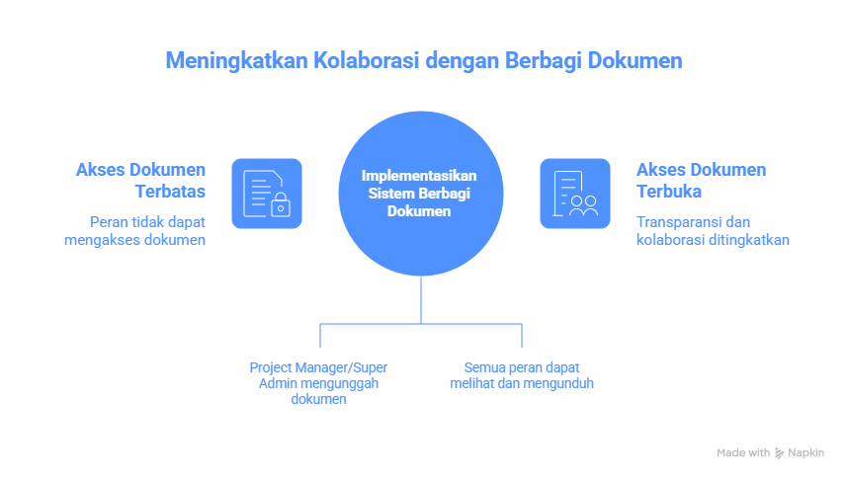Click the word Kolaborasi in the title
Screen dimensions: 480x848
pyautogui.click(x=368, y=61)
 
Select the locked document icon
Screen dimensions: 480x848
pyautogui.click(x=267, y=193)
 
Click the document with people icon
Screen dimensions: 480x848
pyautogui.click(x=575, y=193)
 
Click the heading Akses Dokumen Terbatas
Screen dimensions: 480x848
pyautogui.click(x=141, y=180)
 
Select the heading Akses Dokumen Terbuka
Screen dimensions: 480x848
pyautogui.click(x=701, y=180)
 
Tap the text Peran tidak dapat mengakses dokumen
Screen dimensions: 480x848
pyautogui.click(x=147, y=230)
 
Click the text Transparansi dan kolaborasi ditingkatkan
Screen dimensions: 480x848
pyautogui.click(x=712, y=230)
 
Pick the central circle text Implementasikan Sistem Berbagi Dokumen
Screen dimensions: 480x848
pyautogui.click(x=419, y=193)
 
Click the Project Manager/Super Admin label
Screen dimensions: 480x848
pyautogui.click(x=318, y=383)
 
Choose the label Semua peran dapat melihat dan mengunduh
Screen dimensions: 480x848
pyautogui.click(x=521, y=375)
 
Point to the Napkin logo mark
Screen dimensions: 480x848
pyautogui.click(x=779, y=453)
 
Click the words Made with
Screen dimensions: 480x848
pyautogui.click(x=743, y=452)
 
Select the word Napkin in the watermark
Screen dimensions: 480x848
pyautogui.click(x=806, y=452)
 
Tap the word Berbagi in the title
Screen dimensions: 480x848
pyautogui.click(x=543, y=61)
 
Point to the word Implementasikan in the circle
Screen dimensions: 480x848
pyautogui.click(x=419, y=175)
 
